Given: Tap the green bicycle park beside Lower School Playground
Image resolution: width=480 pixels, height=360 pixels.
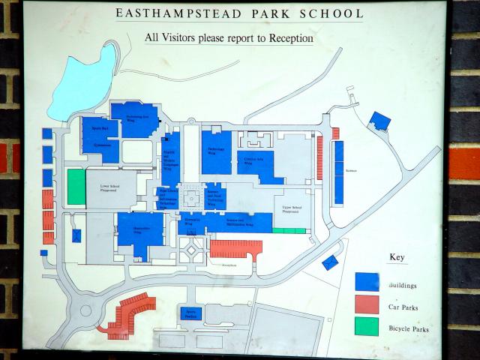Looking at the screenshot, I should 76,186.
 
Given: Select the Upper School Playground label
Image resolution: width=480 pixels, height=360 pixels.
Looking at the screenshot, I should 292,210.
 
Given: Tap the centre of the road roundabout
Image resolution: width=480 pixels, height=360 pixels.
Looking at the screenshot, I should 84,310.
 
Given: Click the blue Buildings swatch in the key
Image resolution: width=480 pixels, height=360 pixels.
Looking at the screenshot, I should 367,281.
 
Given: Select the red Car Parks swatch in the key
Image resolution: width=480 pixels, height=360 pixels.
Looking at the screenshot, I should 367,304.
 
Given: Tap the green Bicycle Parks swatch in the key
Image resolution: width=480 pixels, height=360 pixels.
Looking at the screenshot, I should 367,327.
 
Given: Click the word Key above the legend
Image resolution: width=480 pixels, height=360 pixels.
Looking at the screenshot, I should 397,257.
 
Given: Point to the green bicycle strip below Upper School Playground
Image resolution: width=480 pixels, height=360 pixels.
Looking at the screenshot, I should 289,230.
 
